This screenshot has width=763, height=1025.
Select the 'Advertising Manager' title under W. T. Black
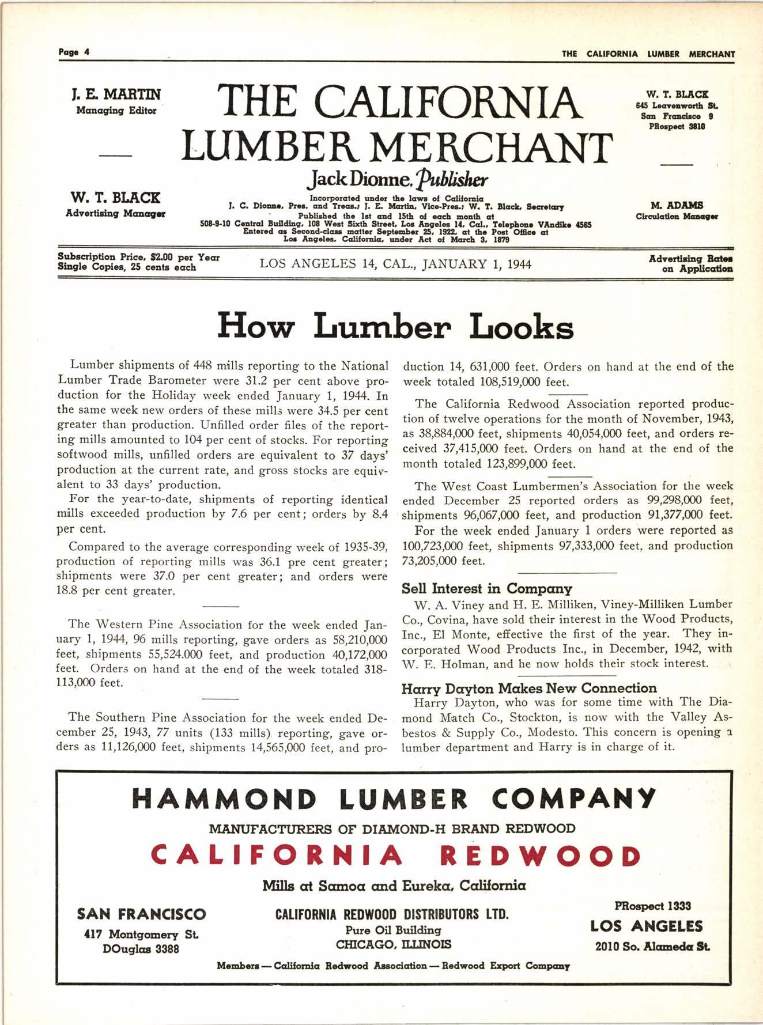coord(116,213)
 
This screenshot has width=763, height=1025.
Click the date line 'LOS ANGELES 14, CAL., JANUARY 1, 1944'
coord(395,264)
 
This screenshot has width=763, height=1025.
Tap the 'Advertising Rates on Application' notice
coord(690,263)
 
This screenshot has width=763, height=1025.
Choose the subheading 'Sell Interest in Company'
coord(486,588)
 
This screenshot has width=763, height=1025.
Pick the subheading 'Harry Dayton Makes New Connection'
coord(528,688)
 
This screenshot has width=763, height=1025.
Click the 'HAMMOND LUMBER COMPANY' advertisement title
coord(395,798)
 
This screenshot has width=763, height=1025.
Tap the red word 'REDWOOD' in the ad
coord(539,856)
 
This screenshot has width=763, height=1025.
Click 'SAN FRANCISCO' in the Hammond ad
coord(141,914)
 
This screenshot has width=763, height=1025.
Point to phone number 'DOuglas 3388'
coord(141,948)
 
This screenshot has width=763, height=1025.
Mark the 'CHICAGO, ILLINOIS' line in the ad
coord(394,944)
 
